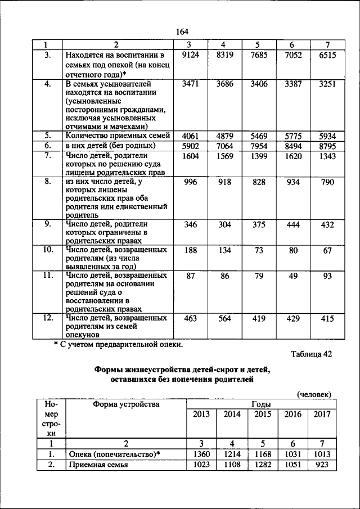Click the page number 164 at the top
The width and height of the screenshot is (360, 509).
(182, 31)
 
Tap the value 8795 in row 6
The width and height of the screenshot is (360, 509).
(326, 146)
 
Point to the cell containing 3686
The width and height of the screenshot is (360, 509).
(224, 84)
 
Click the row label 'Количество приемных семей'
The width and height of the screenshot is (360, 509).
(114, 136)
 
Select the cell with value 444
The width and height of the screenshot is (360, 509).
(293, 224)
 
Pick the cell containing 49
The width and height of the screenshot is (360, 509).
(293, 276)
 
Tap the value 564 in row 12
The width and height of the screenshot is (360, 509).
(224, 318)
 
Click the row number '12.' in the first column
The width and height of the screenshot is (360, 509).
(48, 318)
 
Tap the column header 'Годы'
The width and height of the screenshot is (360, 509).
(262, 404)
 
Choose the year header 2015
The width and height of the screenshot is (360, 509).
(263, 415)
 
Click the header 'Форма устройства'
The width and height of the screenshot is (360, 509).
(126, 404)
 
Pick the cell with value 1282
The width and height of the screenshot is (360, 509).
(263, 465)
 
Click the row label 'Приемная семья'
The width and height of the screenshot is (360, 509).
(97, 465)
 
